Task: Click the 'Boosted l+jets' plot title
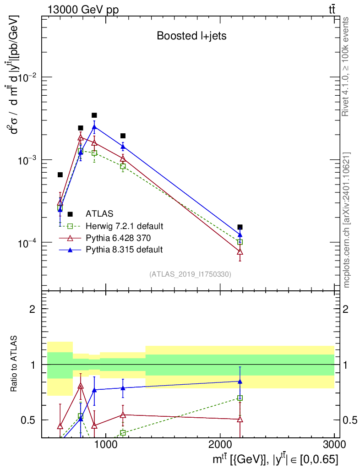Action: [191, 36]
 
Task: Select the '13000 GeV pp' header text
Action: [83, 10]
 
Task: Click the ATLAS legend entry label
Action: [99, 214]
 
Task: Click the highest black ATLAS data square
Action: [94, 115]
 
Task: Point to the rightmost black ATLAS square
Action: [240, 227]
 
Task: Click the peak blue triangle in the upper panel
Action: [94, 126]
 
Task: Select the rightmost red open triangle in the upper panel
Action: [240, 252]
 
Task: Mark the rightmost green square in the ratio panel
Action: [240, 398]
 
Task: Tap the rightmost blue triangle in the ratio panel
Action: [240, 382]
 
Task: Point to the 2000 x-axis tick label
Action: [219, 444]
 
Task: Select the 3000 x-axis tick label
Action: [334, 444]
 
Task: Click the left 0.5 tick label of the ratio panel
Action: [28, 420]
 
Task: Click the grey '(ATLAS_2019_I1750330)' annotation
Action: [190, 274]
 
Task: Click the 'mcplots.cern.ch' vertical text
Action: [346, 256]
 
